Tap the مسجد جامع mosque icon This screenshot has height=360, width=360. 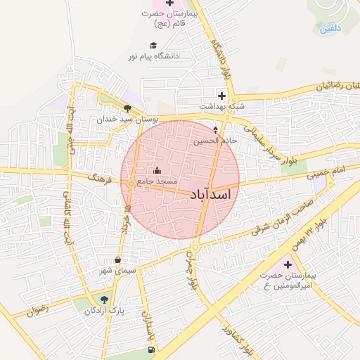(156, 171)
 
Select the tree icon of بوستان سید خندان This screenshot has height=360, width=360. (127, 108)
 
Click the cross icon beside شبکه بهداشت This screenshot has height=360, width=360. (221, 96)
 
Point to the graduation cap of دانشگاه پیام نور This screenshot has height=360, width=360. (153, 45)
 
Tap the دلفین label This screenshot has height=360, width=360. (330, 28)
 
